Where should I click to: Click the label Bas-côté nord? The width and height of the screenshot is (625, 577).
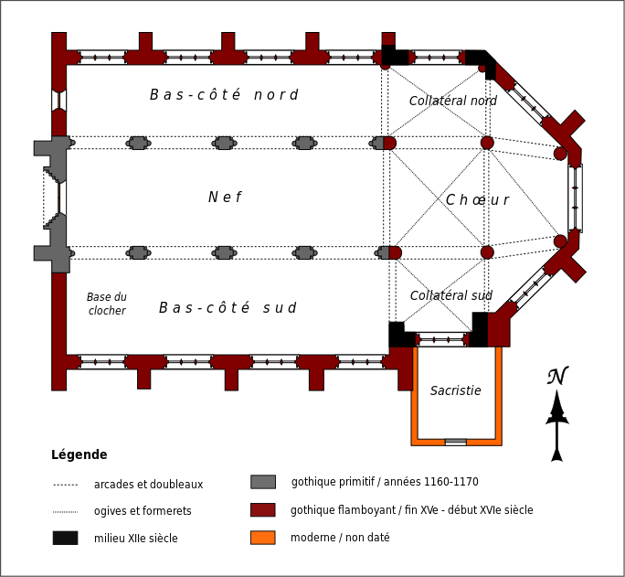click(224, 95)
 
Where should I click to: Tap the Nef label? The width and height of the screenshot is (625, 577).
click(225, 198)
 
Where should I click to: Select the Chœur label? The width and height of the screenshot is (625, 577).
click(477, 200)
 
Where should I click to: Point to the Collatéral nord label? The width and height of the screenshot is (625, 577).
click(453, 102)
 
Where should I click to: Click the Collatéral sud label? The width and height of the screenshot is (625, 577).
click(451, 296)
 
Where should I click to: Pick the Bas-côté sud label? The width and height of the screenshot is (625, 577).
click(228, 308)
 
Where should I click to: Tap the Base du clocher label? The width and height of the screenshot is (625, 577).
click(107, 305)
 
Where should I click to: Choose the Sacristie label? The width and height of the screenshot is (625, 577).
click(455, 391)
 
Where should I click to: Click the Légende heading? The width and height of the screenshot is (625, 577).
click(79, 455)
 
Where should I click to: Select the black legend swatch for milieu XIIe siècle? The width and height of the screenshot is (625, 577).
click(65, 538)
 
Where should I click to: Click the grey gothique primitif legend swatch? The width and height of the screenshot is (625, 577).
click(263, 482)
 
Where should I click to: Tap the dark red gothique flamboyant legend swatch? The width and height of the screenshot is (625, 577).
click(263, 510)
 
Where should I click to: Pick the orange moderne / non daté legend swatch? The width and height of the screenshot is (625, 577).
click(263, 538)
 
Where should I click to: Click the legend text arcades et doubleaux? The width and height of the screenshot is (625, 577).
click(148, 485)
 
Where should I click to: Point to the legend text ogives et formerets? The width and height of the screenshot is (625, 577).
click(143, 511)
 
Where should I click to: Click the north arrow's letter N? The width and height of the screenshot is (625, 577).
click(557, 376)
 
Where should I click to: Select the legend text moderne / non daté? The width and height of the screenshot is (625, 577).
click(340, 538)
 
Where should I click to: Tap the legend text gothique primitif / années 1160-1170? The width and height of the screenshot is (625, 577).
click(385, 482)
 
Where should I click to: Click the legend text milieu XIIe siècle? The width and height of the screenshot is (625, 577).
click(136, 539)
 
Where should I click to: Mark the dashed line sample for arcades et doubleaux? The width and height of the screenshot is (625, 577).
click(65, 485)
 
